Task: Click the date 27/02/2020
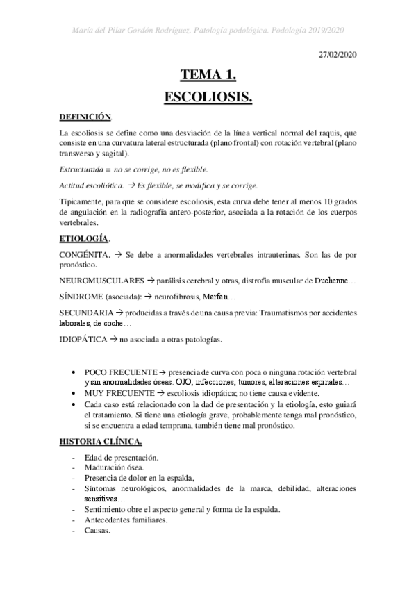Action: pos(337,53)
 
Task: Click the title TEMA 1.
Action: pos(208,75)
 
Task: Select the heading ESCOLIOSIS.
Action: pos(208,98)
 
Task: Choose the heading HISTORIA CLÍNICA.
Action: pos(100,442)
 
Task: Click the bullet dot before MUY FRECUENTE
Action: pos(74,392)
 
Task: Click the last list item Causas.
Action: pos(98,531)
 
